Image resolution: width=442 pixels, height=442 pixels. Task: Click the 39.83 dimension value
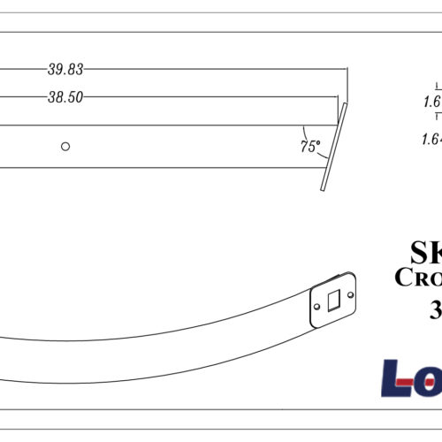click(x=65, y=68)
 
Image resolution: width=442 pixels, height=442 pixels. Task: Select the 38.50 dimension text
click(x=65, y=98)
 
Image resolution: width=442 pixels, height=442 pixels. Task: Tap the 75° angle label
click(x=309, y=147)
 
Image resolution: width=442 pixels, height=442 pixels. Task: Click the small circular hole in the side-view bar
click(x=65, y=146)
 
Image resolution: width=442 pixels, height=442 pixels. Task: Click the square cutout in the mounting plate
click(x=334, y=301)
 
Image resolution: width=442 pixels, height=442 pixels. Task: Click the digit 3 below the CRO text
click(x=436, y=309)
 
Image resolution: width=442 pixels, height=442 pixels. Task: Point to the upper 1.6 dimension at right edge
click(x=432, y=102)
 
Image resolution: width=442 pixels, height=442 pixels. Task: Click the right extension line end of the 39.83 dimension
click(x=348, y=84)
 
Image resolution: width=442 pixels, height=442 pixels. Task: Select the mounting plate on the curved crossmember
click(x=333, y=301)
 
